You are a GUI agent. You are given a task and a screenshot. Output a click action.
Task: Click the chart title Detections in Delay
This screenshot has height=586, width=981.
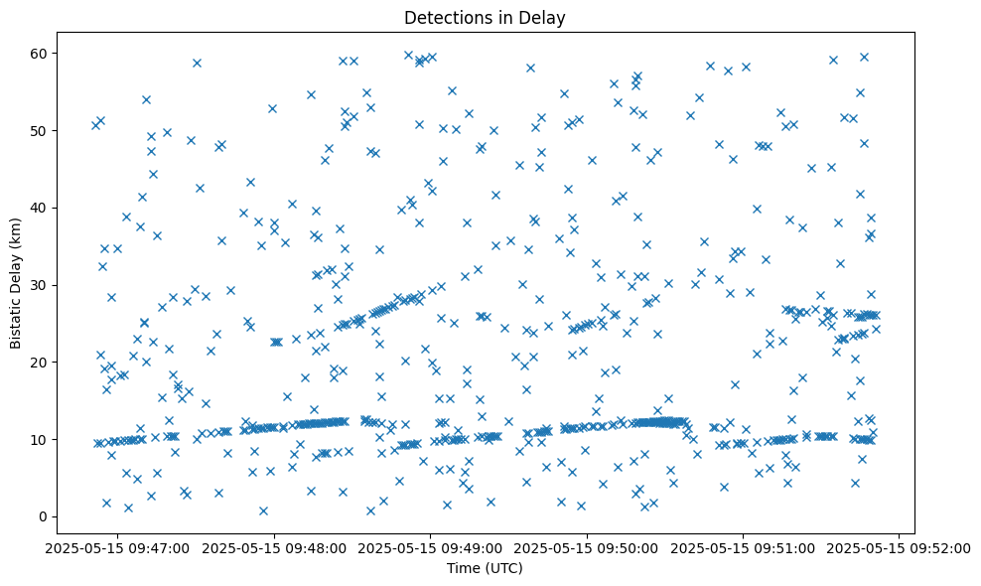485,17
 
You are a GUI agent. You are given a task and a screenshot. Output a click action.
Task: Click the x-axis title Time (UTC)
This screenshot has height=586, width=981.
485,568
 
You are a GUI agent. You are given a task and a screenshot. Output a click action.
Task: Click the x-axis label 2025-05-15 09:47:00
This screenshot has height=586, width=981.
117,547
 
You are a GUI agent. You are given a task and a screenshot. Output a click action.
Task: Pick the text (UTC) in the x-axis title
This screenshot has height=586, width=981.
503,568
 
